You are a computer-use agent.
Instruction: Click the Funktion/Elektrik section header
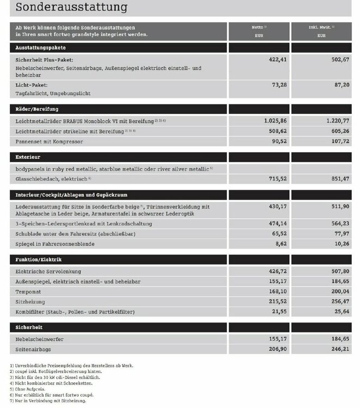tap(38, 259)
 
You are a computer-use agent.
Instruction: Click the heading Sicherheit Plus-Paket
tap(45, 60)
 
